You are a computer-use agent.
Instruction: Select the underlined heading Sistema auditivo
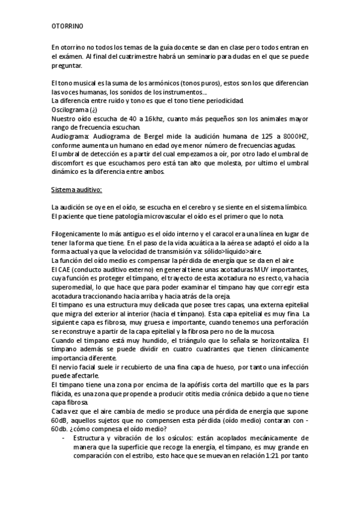pos(76,190)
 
